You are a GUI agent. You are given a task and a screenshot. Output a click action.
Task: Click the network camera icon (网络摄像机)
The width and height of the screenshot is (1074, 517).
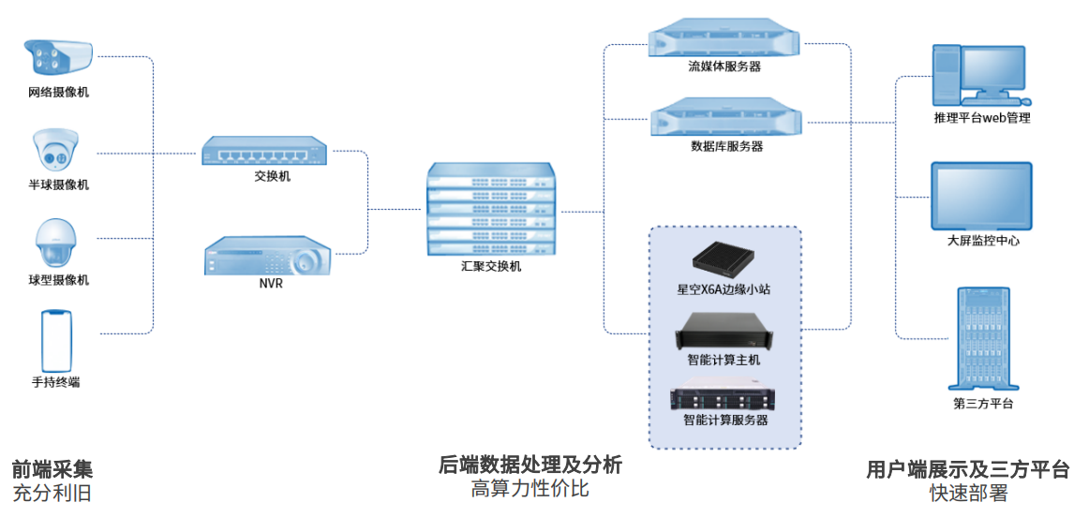coord(58,58)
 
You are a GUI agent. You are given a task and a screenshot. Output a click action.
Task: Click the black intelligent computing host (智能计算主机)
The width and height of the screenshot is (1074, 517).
coord(723,329)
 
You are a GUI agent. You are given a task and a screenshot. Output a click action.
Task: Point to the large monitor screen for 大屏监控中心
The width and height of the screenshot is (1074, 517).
coord(981,196)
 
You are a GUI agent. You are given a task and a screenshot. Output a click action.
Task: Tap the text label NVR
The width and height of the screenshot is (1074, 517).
coord(270,284)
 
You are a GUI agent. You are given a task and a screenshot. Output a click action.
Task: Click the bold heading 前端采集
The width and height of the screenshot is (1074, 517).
coord(52,469)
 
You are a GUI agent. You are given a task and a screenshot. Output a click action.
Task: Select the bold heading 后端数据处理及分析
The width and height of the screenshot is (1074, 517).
coord(530,465)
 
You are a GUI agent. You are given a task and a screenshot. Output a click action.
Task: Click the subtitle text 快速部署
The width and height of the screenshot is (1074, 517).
coord(968,493)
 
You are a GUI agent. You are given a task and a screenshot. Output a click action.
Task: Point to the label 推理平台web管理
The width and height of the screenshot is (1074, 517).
coord(981,118)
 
